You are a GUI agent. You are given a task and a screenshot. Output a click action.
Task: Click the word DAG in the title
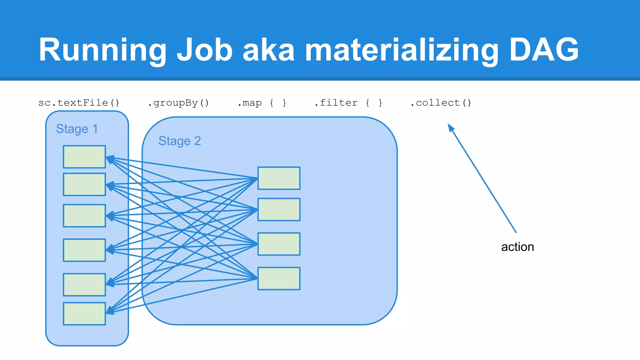point(544,49)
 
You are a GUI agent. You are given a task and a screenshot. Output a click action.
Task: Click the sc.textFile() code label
point(79,103)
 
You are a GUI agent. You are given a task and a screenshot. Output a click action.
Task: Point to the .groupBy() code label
point(178,103)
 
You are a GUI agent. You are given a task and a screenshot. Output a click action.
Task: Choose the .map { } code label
point(262,103)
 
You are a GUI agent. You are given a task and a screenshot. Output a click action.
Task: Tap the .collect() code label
point(441,103)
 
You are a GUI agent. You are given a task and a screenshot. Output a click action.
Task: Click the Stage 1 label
point(77,129)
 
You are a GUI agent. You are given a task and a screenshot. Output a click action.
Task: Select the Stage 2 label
point(179,141)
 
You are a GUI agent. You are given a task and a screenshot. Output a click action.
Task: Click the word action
point(517,247)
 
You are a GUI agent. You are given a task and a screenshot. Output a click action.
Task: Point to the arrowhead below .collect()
point(451,127)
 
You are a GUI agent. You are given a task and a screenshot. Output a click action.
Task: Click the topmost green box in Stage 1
point(84,157)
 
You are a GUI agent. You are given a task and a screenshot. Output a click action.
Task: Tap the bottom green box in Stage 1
point(84,313)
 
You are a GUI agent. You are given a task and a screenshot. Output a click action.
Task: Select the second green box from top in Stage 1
point(84,184)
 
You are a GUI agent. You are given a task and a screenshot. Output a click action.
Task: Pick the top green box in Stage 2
point(279,178)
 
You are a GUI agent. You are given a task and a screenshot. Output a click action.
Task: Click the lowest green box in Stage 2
point(279,278)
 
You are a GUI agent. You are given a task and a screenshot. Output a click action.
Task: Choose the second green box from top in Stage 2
point(279,209)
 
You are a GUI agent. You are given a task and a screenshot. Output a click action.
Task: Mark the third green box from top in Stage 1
point(84,216)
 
